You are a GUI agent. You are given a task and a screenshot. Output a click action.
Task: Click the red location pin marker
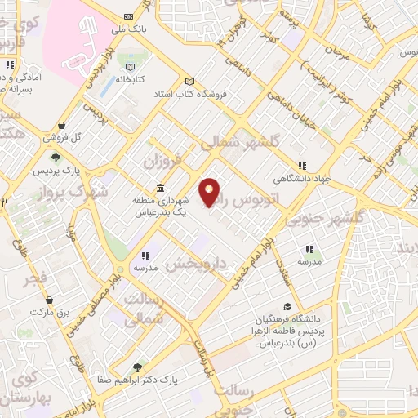click(211, 193)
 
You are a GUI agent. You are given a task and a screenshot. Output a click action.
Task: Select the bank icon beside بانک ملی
click(128, 16)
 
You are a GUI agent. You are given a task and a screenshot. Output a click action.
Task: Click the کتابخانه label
click(128, 80)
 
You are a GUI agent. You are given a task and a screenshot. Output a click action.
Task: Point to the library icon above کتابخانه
click(128, 67)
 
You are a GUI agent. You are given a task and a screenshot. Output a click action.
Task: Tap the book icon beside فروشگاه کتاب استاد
click(190, 81)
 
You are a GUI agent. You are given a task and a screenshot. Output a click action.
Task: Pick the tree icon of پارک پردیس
click(56, 158)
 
